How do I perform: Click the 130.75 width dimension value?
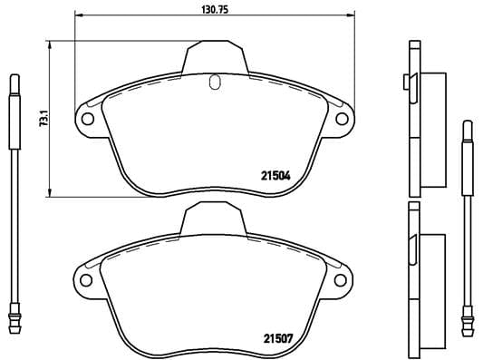[213, 8]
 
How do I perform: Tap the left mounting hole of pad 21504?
[88, 117]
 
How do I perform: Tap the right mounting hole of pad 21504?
[343, 117]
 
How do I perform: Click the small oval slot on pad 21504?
[215, 83]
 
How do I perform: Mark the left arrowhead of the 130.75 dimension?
[78, 16]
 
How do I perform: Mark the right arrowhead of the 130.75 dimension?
[353, 16]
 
